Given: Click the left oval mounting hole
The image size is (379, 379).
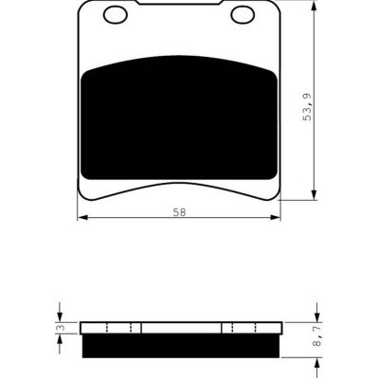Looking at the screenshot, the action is [116, 15].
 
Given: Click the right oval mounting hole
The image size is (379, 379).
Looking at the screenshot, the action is [243, 15].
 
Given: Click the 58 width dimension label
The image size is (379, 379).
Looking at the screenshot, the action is [179, 212].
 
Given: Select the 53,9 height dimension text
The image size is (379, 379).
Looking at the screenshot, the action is [307, 107].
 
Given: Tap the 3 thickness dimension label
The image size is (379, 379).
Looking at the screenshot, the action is [62, 328].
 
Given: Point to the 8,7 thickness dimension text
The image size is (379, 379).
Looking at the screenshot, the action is [317, 336].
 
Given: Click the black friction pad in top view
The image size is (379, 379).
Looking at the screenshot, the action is [179, 117].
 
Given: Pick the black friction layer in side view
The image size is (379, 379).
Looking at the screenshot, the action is [181, 346].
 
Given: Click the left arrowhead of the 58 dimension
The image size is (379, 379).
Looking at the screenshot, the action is [82, 218].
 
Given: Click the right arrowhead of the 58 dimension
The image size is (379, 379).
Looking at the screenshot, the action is [276, 218].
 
